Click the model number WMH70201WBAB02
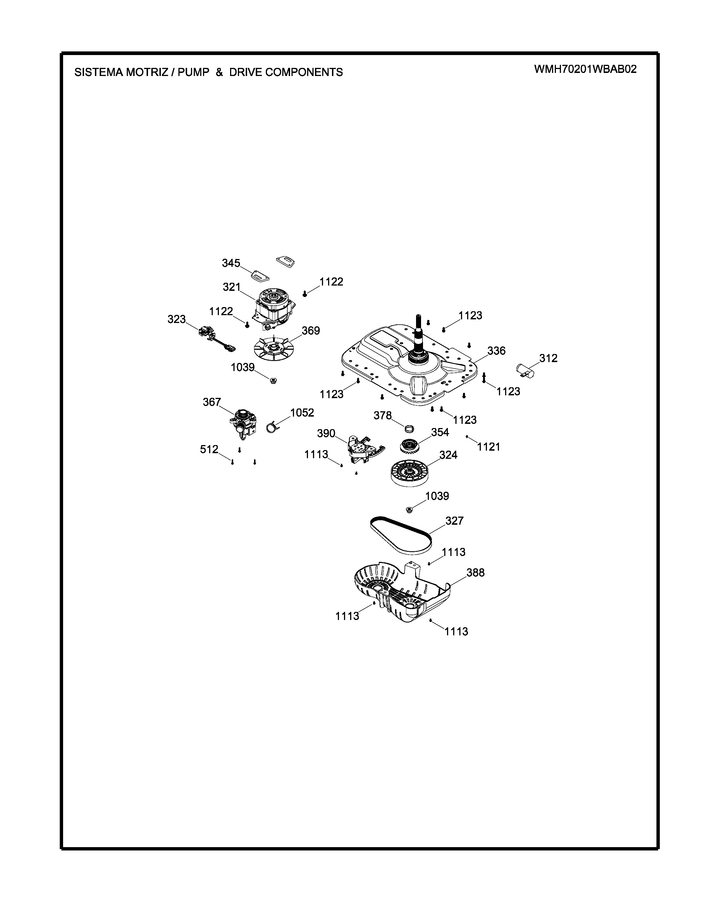(x=585, y=69)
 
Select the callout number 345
(x=231, y=263)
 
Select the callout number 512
(x=209, y=450)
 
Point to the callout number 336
(x=496, y=351)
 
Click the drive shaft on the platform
(x=419, y=334)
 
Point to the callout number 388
(x=476, y=573)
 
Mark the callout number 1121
(x=488, y=447)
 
